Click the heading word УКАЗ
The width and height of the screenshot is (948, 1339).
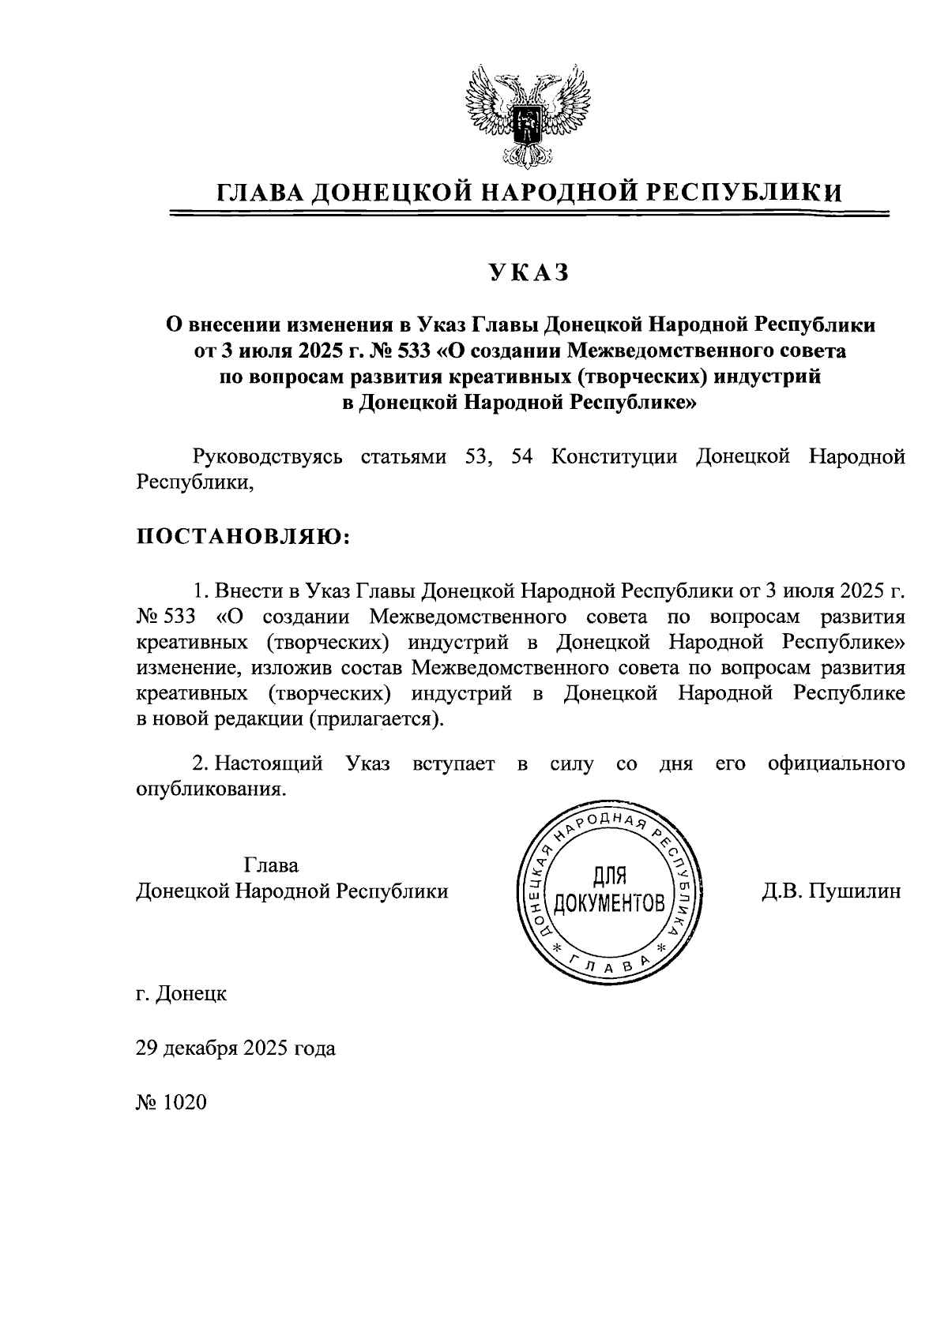click(x=529, y=272)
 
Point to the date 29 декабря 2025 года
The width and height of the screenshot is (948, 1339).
click(x=235, y=1048)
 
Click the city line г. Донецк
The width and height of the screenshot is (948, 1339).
click(x=182, y=993)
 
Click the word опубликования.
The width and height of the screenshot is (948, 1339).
click(x=210, y=790)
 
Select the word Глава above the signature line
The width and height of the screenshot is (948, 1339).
click(x=271, y=865)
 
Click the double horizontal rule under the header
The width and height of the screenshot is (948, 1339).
click(x=530, y=213)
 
